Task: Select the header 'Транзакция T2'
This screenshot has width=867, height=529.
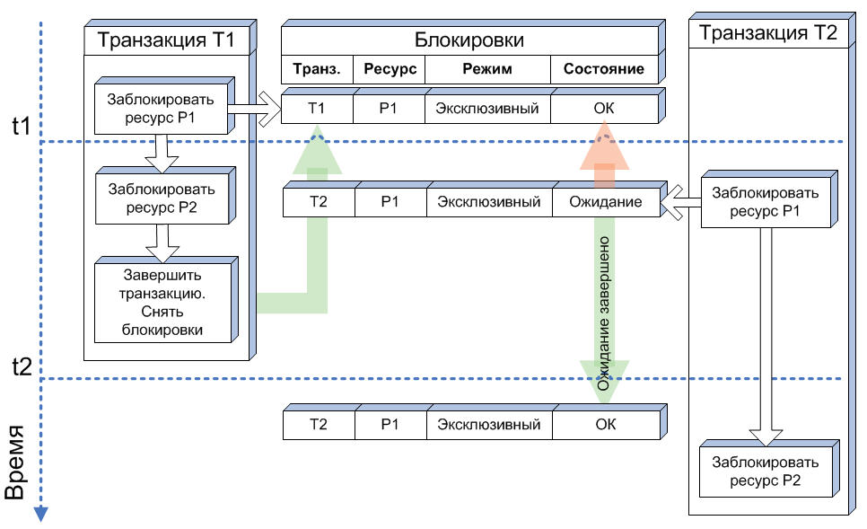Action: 767,34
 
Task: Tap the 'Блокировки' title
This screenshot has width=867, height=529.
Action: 469,40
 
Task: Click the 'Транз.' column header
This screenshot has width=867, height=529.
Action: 316,69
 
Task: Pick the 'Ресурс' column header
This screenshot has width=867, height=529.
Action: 389,69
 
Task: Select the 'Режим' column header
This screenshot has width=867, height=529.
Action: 487,69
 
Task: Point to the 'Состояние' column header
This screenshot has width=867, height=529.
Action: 604,69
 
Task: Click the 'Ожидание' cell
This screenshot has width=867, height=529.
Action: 606,202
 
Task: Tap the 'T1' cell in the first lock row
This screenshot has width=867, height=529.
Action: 316,109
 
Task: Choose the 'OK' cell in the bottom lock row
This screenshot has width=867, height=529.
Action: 606,424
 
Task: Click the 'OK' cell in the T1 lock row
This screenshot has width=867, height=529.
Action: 604,109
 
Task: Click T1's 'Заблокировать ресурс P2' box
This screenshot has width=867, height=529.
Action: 159,198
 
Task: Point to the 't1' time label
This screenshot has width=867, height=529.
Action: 21,127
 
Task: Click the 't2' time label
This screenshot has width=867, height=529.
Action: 22,366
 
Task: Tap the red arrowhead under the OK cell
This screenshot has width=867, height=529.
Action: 604,145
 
